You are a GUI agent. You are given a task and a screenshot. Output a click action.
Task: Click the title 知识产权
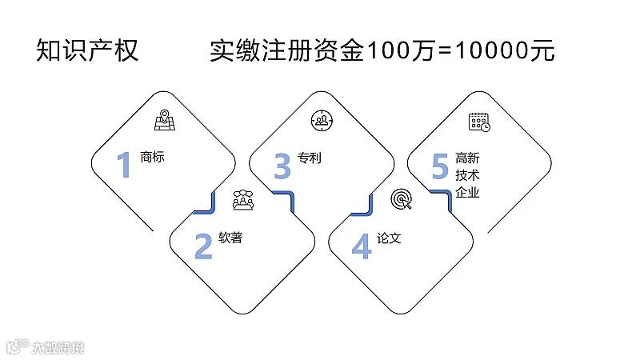(x=88, y=50)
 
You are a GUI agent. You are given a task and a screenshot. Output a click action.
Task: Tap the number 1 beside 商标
(x=123, y=166)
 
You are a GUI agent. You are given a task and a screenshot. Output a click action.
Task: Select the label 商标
(x=152, y=157)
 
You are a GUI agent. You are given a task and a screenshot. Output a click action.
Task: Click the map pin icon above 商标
(x=164, y=120)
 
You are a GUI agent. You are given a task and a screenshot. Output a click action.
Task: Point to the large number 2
(x=203, y=246)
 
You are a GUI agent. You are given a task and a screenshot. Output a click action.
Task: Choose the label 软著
(x=230, y=238)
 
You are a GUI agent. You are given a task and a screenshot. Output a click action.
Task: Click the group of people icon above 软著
(x=242, y=200)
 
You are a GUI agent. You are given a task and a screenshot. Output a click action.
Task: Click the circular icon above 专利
(x=322, y=121)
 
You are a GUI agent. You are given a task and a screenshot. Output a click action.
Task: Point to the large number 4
(x=362, y=246)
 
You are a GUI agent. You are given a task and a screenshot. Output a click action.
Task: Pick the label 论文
(x=388, y=238)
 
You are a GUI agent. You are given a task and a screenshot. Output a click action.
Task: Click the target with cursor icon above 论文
(x=401, y=200)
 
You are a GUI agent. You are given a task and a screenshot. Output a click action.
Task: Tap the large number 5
(x=439, y=166)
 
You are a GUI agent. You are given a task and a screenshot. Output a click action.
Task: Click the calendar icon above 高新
(x=479, y=121)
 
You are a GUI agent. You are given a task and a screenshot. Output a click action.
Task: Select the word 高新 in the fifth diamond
(x=467, y=158)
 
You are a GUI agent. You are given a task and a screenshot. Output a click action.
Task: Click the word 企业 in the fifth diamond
(x=467, y=193)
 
